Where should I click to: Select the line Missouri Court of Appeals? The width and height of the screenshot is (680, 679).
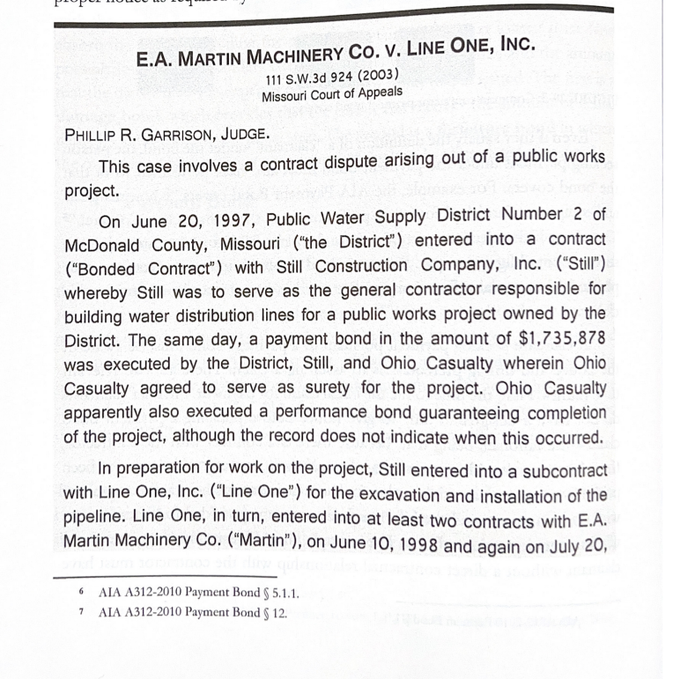click(x=332, y=92)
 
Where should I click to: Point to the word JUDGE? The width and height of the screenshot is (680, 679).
click(x=240, y=137)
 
